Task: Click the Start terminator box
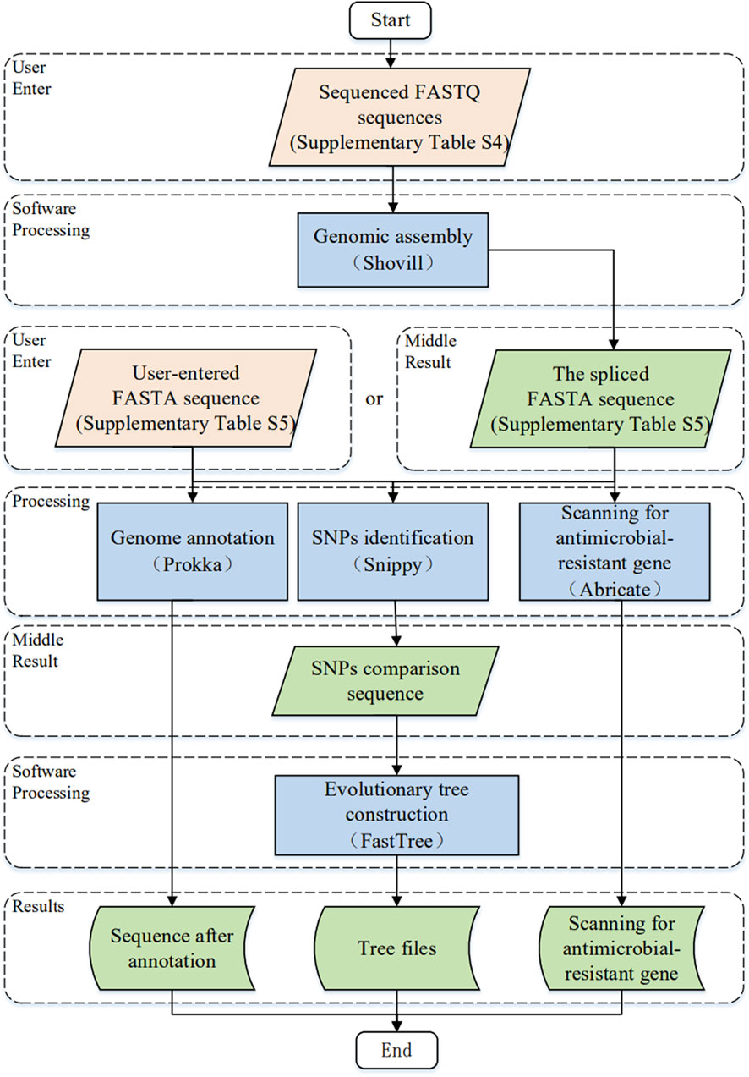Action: [390, 20]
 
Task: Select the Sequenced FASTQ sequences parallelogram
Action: [400, 117]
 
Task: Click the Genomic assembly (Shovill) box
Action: [393, 250]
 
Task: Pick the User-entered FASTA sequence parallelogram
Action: [186, 398]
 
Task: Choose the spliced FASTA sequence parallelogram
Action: [600, 398]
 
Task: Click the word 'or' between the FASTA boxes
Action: [374, 398]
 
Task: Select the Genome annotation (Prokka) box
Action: [193, 552]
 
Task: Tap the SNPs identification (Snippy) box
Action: [393, 552]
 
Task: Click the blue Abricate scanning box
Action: [615, 552]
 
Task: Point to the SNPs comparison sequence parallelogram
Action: [385, 681]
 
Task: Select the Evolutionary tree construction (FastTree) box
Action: [396, 815]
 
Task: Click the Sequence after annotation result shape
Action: [172, 948]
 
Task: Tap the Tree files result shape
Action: [396, 948]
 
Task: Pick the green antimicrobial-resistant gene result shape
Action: [621, 948]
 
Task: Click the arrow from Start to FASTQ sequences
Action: [391, 53]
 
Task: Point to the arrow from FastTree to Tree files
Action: [396, 881]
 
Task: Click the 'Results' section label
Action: [38, 906]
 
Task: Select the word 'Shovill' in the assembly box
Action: [393, 263]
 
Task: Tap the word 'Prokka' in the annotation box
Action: [193, 564]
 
